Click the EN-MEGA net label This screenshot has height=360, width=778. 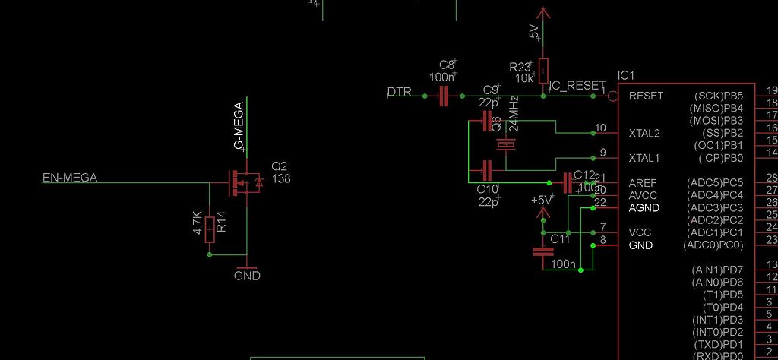(x=69, y=179)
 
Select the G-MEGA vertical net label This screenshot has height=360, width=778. (x=239, y=125)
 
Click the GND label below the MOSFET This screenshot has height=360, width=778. (x=247, y=276)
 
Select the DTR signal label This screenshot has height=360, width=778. (x=400, y=92)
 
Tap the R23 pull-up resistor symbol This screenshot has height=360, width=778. (x=542, y=71)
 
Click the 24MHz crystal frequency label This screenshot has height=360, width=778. (x=514, y=113)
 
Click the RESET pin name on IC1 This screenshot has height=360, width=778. (x=646, y=96)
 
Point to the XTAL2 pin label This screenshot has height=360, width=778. (x=644, y=134)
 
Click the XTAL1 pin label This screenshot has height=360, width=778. (x=644, y=158)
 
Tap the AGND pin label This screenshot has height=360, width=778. (x=644, y=207)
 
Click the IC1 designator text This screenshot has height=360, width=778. (x=626, y=76)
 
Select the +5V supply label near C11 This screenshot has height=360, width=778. (x=542, y=200)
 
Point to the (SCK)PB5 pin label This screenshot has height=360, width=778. (x=718, y=96)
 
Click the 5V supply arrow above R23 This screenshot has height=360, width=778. (x=542, y=13)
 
